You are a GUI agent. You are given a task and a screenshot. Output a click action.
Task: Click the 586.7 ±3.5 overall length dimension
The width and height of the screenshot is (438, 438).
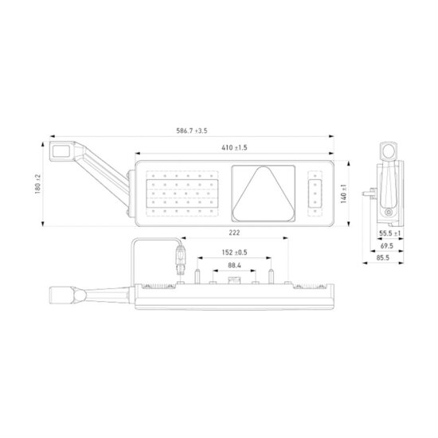coord(192,131)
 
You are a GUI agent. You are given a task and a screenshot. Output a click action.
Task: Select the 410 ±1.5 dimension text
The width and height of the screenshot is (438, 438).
coord(234,147)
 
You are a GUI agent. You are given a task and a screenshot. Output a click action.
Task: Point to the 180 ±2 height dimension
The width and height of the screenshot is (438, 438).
coord(37,185)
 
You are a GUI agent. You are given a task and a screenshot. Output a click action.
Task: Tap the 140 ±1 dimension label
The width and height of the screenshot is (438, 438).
coord(343,194)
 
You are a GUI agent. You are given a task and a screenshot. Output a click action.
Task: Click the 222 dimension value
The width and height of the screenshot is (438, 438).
coord(234,233)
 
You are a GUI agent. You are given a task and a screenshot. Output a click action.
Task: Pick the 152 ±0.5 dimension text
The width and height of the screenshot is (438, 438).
coord(234,252)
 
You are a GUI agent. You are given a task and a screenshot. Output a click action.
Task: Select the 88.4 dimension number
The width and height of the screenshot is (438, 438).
coord(234,265)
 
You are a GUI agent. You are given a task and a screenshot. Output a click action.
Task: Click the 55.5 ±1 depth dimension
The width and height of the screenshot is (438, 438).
coord(390,233)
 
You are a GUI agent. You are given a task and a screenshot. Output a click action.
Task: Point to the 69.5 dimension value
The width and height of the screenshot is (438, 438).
coord(387,246)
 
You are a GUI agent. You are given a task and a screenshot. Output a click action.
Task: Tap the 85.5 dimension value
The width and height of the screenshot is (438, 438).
coord(383,257)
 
